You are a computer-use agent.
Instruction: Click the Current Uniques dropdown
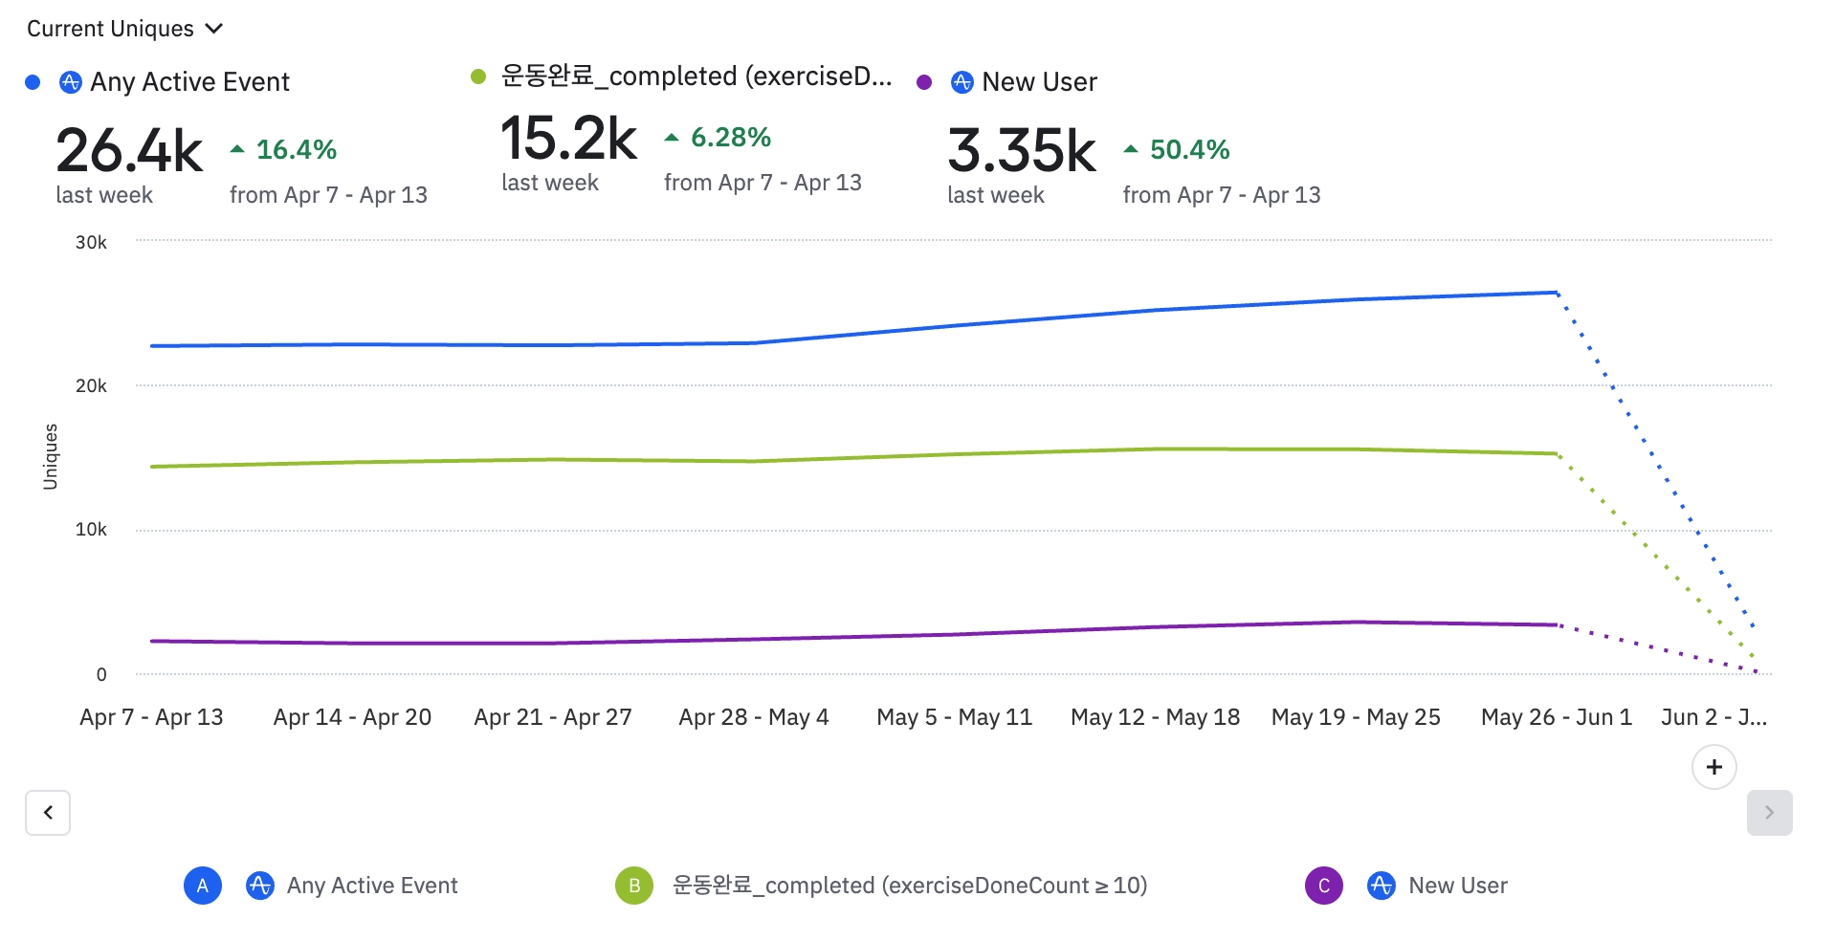tap(124, 29)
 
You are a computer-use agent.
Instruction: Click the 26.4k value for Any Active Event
tap(129, 151)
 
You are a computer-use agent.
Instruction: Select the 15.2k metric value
tap(568, 139)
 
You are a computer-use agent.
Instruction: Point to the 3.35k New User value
tap(1022, 151)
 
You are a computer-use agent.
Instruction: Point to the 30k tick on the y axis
tap(91, 243)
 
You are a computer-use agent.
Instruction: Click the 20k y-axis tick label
tap(91, 386)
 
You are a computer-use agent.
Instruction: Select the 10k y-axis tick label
tap(91, 530)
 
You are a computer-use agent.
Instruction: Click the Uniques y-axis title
tap(51, 457)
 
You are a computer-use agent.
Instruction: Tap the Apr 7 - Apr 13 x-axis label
tap(151, 717)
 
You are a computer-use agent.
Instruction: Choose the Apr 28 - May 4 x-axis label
tap(754, 717)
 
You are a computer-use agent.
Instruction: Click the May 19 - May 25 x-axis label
tap(1356, 717)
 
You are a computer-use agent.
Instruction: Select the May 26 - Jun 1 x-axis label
tap(1557, 717)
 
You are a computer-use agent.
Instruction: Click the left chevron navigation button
tap(48, 813)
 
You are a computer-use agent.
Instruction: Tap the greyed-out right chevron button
tap(1769, 813)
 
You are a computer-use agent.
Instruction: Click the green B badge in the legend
tap(634, 886)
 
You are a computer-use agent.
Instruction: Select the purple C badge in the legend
tap(1324, 886)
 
